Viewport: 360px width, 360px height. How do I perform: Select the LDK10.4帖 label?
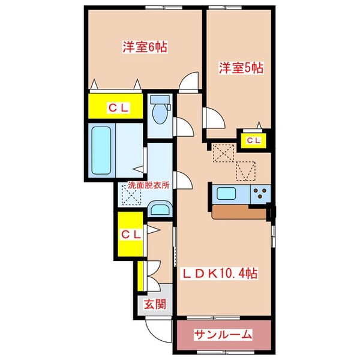[220, 274]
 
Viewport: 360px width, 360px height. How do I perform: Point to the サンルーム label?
[223, 334]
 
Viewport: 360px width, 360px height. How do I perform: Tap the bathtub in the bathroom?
[103, 150]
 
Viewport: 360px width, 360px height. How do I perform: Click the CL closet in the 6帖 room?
[116, 107]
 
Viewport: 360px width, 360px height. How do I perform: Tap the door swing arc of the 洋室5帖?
[212, 116]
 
